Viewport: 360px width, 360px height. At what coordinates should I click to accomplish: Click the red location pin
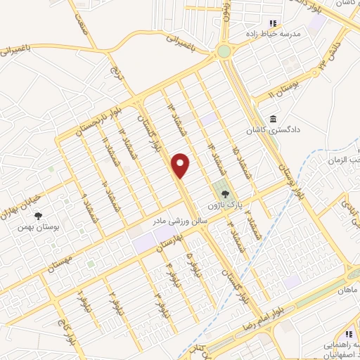[181, 166]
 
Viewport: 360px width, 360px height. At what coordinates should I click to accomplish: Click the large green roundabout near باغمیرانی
[224, 51]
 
